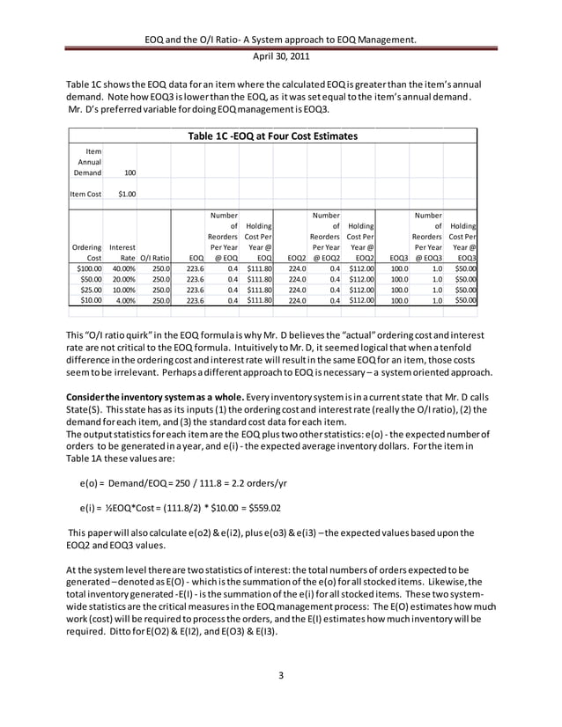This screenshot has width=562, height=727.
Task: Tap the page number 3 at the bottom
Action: (280, 676)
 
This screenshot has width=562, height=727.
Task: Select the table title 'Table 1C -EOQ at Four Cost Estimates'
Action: (273, 136)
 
